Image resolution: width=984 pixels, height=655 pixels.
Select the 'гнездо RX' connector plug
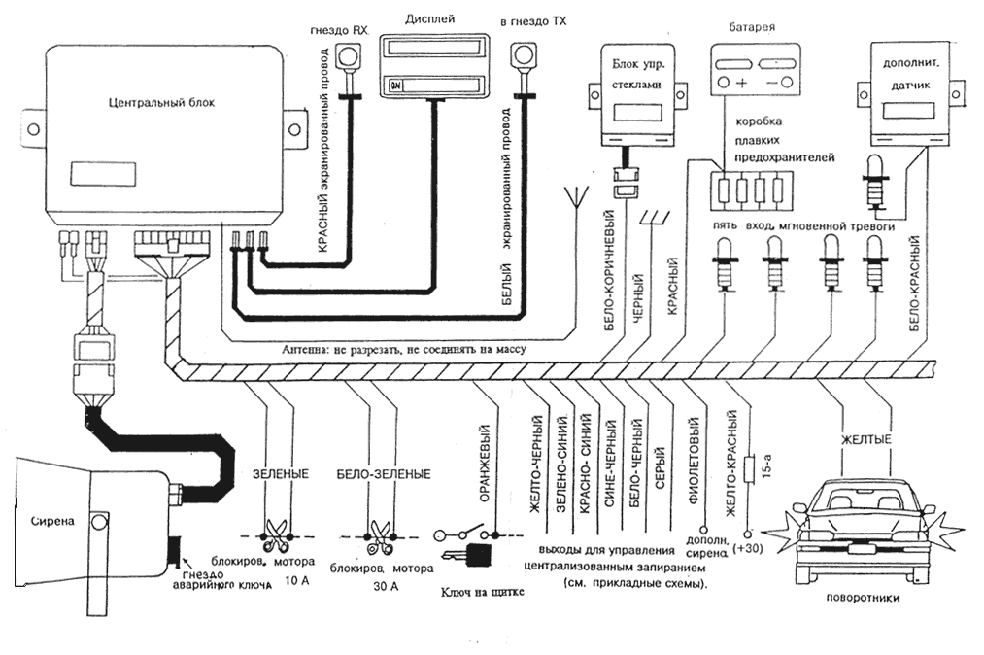click(347, 57)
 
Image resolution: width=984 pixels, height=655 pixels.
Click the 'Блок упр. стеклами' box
click(636, 84)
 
